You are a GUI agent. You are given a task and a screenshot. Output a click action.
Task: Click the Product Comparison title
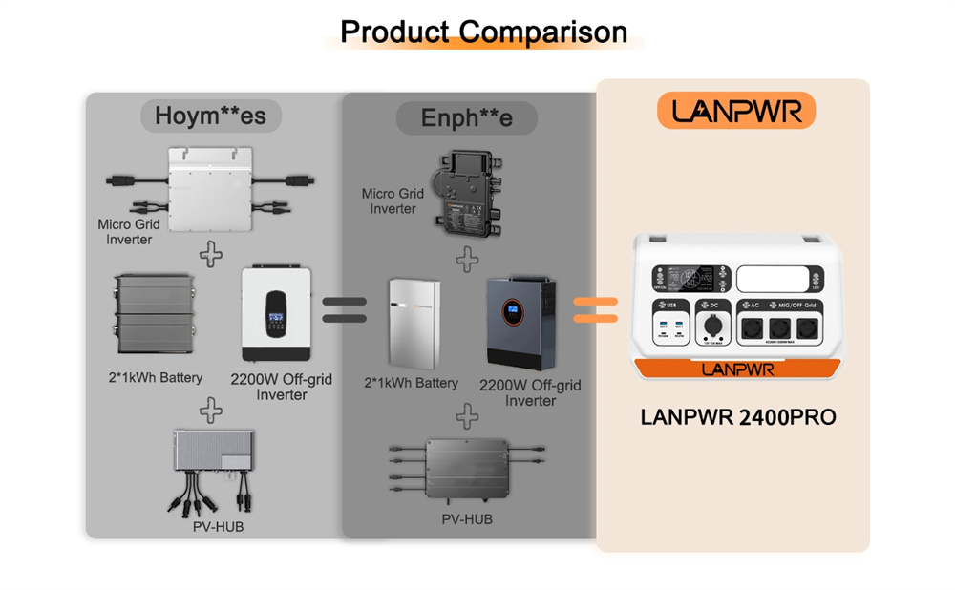(x=483, y=32)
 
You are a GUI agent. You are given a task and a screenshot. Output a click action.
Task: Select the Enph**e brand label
(x=467, y=118)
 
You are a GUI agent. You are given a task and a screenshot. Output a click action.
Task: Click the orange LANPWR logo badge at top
(x=736, y=111)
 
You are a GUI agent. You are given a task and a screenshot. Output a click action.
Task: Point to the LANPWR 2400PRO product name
(x=738, y=418)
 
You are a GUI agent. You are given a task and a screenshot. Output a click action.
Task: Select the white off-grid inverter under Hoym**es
(x=276, y=314)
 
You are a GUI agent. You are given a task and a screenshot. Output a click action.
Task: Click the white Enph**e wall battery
(x=415, y=322)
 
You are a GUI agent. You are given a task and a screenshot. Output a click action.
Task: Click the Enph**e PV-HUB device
(x=467, y=467)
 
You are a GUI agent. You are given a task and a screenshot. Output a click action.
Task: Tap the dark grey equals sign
(x=344, y=310)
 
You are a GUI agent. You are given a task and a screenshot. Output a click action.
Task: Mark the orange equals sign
(x=595, y=310)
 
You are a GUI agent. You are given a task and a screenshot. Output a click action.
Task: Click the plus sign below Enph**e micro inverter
(x=467, y=258)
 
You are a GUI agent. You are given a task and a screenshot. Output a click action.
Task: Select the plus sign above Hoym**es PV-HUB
(x=211, y=411)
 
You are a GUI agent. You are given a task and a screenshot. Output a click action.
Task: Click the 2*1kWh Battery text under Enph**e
(x=411, y=383)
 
